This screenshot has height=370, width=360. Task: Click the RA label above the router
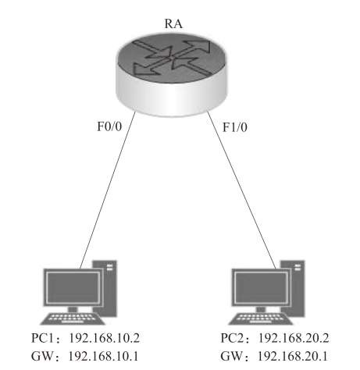(x=173, y=23)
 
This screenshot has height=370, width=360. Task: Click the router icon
(x=172, y=75)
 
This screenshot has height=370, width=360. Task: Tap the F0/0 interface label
(x=109, y=126)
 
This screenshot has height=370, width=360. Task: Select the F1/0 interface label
(x=235, y=127)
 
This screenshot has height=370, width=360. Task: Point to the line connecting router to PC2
(x=241, y=190)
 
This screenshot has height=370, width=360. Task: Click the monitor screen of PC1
(x=73, y=287)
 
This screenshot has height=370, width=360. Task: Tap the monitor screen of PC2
(x=261, y=287)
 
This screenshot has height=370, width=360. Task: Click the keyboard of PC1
(x=73, y=318)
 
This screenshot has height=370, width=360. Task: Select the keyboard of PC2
(x=261, y=318)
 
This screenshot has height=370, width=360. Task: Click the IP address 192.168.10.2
(x=104, y=338)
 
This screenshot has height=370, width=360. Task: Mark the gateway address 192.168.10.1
(x=103, y=356)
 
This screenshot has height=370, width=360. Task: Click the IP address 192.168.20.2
(x=294, y=338)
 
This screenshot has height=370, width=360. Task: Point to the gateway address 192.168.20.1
(x=293, y=356)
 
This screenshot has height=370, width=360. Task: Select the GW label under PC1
(x=43, y=356)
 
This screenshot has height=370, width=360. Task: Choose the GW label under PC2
(x=232, y=356)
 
